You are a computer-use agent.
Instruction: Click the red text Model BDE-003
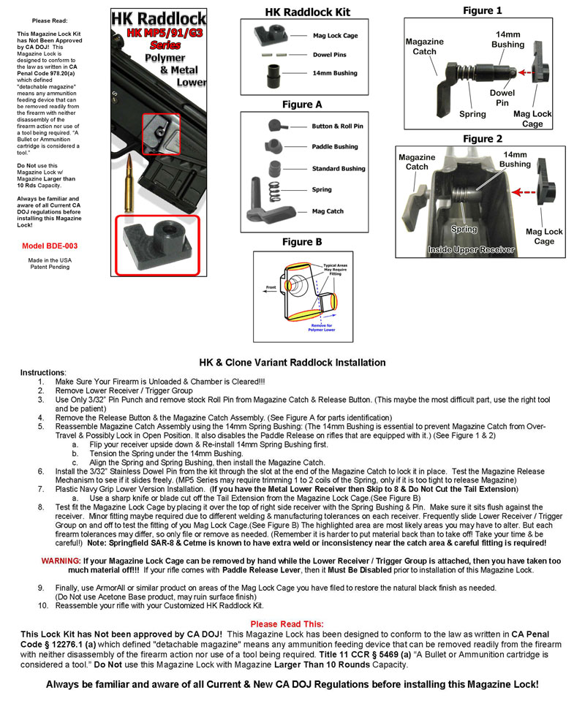coord(50,246)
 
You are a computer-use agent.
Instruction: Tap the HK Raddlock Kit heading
coord(307,12)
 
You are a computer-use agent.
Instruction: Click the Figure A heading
coord(302,105)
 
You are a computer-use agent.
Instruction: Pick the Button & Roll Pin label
coord(337,126)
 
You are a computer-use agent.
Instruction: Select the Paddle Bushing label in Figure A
coord(335,147)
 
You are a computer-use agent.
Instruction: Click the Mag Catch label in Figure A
coord(327,211)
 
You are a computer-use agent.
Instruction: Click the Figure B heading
coord(302,242)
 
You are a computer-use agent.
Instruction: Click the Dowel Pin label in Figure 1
coord(502,97)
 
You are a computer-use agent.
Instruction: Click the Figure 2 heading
coord(483,139)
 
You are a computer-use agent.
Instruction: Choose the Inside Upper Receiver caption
coord(471,250)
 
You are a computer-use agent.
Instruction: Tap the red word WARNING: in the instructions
coord(64,561)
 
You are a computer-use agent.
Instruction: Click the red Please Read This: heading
coord(287,624)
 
